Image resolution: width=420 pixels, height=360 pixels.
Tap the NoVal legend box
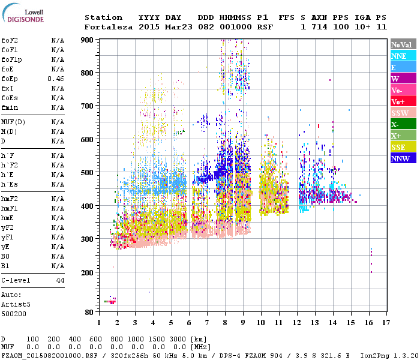coord(403,44)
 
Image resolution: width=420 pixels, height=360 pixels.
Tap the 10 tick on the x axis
coord(261,322)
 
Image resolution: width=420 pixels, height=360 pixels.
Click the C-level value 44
coord(60,280)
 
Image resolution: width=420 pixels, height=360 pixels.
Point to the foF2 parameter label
coord(9,40)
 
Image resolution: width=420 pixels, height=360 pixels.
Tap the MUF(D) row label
coord(13,122)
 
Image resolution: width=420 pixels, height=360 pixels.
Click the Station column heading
coord(103,17)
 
